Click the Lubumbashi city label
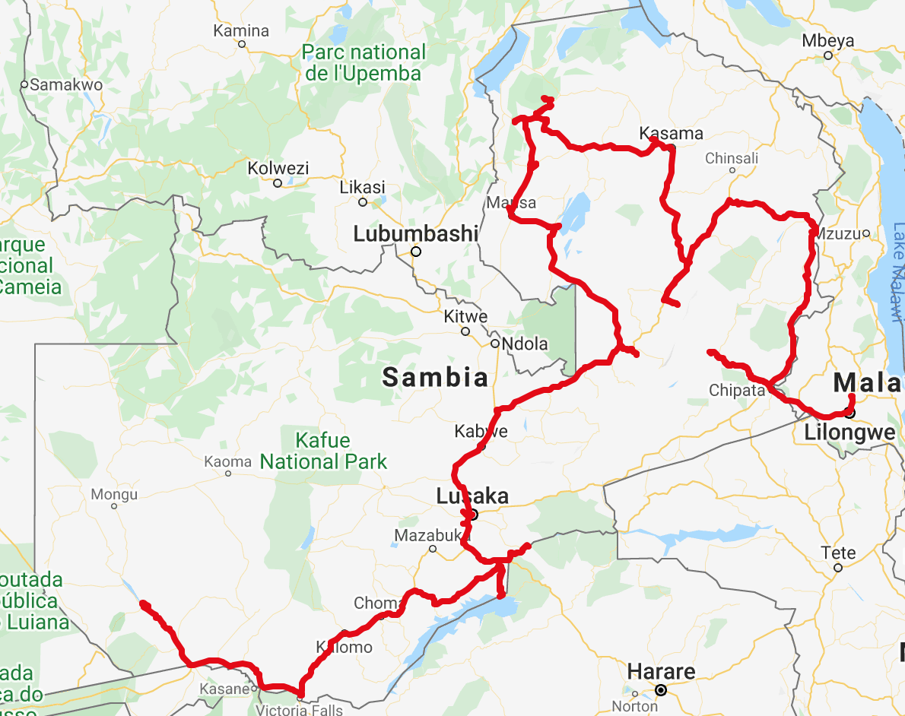coord(415,234)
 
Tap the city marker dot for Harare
coord(661,690)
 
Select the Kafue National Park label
coord(323,451)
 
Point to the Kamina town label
coord(241,31)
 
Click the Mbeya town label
coord(828,41)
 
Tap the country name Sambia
coord(435,377)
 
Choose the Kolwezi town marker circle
coord(278,183)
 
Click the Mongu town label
coord(114,494)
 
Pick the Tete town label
coord(838,553)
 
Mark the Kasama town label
coord(671,134)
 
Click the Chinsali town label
coord(732,158)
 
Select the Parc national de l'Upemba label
coord(364,63)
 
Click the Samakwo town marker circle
coord(24,84)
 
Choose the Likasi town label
coord(363,187)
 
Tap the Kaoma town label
coord(227,461)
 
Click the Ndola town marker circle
coord(494,344)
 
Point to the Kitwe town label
coord(465,317)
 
